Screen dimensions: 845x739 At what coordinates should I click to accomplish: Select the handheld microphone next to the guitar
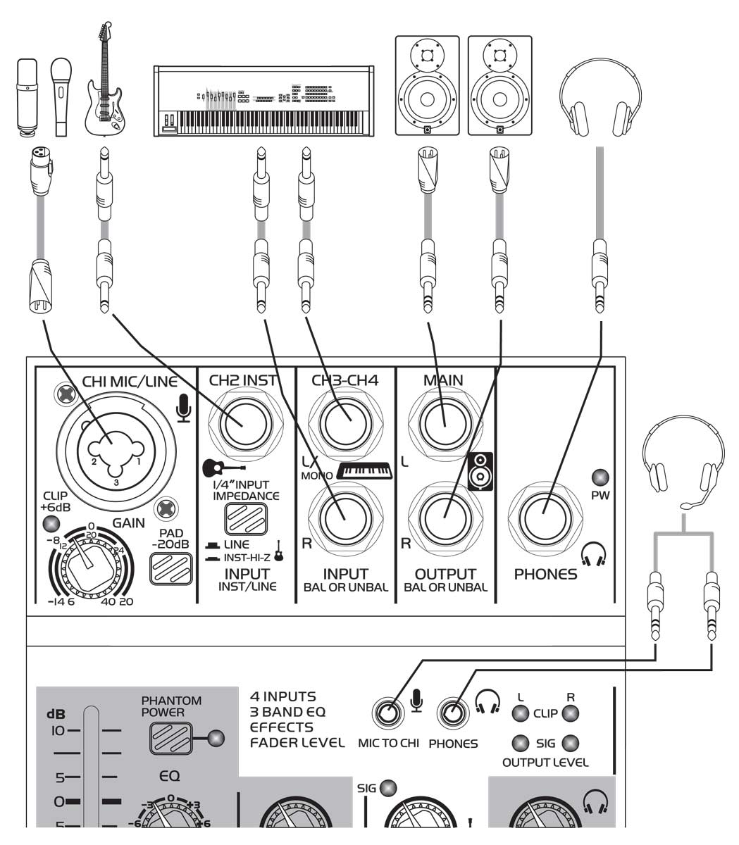61,95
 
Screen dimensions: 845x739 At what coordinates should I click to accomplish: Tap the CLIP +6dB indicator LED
50,524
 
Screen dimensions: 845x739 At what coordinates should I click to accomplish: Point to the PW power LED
600,477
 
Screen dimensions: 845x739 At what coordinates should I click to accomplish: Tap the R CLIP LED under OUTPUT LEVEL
571,713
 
